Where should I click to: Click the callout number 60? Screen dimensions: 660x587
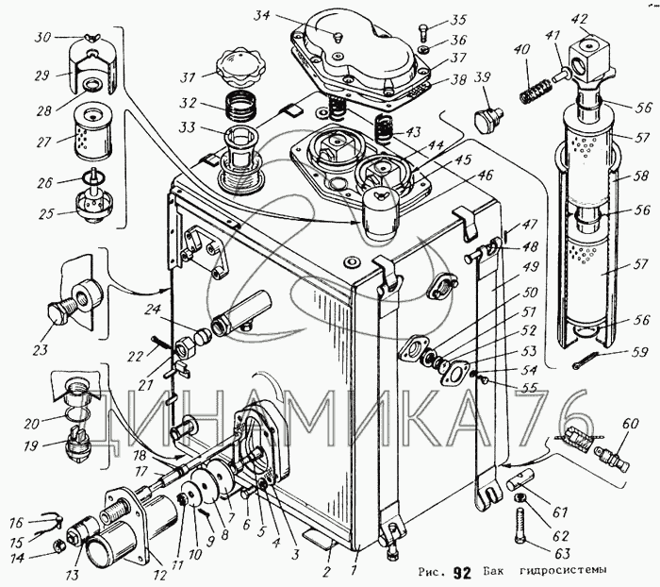(x=630, y=423)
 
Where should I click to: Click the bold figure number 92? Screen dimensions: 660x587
(x=463, y=572)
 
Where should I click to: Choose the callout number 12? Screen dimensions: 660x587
(x=161, y=575)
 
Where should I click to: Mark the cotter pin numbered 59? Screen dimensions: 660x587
(x=587, y=362)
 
